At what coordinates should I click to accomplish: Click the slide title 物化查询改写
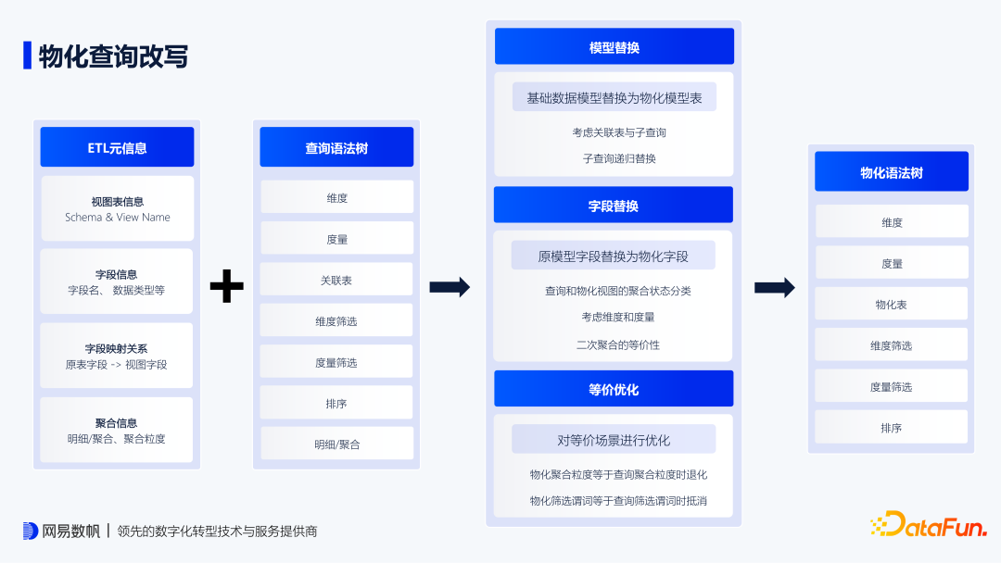click(113, 56)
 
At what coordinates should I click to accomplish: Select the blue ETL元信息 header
click(117, 147)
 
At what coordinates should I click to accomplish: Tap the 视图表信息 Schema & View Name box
click(117, 208)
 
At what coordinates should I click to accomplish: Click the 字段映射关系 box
click(117, 356)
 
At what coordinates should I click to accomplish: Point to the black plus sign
click(226, 286)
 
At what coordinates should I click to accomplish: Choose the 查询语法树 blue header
click(336, 147)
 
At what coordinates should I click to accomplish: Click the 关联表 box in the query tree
click(336, 280)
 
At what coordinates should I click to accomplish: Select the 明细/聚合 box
click(336, 444)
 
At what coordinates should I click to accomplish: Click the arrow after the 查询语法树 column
click(450, 287)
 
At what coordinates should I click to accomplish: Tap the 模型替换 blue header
click(614, 47)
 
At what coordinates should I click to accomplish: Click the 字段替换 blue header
click(614, 206)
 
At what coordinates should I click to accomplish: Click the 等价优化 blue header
click(614, 389)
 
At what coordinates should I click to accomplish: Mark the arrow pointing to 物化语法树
click(775, 287)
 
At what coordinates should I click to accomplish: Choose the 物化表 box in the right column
click(892, 304)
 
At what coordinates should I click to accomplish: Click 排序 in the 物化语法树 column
click(892, 428)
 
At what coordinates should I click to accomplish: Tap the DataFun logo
click(929, 525)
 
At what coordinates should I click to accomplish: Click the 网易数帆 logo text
click(70, 532)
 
